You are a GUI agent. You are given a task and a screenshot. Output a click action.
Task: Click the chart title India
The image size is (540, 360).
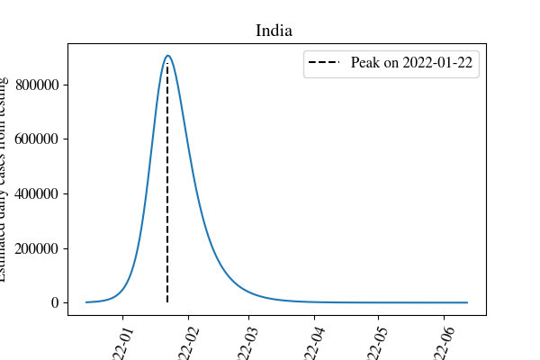coord(273,31)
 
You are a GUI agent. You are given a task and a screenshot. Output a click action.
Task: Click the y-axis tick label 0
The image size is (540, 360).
coord(55,302)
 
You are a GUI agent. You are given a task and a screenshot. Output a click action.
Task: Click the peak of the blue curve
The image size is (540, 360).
coord(167,56)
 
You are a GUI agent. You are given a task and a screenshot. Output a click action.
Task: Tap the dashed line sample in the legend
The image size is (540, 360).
coord(326,64)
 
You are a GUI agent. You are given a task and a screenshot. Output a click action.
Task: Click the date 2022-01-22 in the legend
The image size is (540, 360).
coord(436,64)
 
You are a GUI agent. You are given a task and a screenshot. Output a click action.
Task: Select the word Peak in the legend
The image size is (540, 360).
coord(367,64)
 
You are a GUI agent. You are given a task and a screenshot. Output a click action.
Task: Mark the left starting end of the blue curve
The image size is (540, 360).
coord(86,301)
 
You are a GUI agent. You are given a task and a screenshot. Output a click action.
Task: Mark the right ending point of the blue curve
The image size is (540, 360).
coord(467,302)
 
